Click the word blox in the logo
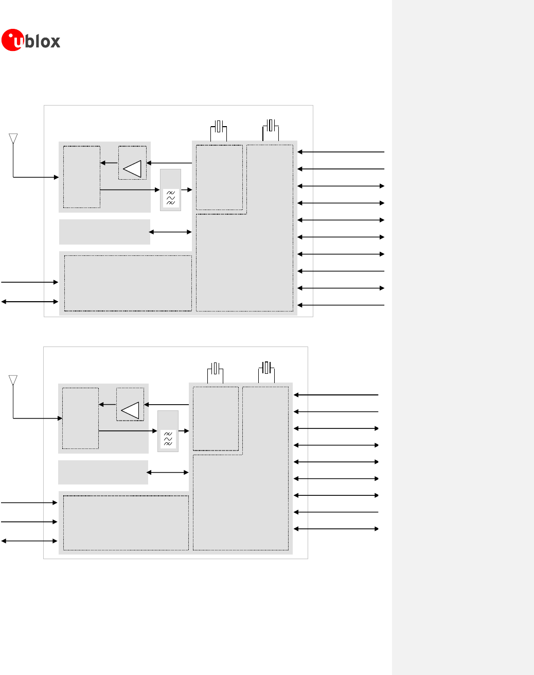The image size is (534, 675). tap(43, 41)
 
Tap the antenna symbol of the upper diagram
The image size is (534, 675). tap(13, 139)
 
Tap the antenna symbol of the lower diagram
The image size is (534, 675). tap(13, 380)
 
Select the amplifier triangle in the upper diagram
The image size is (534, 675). tap(133, 169)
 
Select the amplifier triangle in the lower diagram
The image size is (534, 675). tap(130, 410)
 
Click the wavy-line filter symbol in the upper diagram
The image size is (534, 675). tap(171, 198)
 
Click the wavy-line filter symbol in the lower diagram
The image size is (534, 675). tap(168, 439)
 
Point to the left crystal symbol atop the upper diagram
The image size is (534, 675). tap(219, 126)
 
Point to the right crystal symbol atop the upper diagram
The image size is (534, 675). tap(271, 125)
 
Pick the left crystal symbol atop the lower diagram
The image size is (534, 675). tap(215, 369)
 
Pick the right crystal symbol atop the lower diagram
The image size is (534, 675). tap(265, 368)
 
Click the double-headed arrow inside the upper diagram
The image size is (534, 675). tap(170, 232)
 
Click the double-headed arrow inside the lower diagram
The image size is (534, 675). tap(168, 472)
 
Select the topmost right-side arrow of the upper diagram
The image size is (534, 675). tap(341, 152)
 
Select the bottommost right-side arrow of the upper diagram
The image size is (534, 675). tap(341, 305)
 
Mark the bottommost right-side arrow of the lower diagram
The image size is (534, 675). tap(336, 529)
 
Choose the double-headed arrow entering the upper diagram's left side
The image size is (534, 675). tap(30, 302)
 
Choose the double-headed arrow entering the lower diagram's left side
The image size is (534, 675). tap(29, 541)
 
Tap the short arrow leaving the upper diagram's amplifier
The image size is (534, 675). tap(109, 163)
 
